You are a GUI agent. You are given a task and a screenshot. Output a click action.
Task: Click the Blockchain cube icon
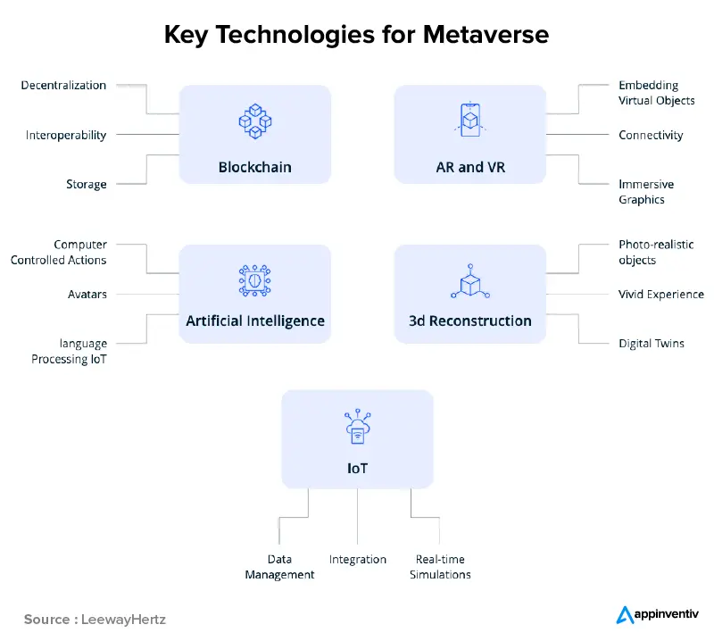(254, 121)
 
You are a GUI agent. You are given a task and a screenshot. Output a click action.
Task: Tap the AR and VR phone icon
(470, 121)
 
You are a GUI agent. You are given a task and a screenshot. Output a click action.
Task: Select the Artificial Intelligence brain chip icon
(254, 280)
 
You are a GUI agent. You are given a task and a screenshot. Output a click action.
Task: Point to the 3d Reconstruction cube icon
(470, 280)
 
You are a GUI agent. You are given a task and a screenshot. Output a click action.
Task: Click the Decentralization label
(63, 86)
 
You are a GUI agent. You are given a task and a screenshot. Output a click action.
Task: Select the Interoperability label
(66, 136)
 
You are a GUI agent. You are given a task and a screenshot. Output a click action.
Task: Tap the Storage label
(86, 185)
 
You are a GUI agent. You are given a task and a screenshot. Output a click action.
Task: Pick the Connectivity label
(651, 136)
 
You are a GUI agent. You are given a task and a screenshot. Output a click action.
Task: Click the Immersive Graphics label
(646, 192)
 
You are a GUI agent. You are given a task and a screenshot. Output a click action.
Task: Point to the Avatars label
(87, 294)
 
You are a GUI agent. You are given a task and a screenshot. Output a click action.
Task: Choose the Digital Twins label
(652, 343)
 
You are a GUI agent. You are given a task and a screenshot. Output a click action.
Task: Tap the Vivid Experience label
(661, 294)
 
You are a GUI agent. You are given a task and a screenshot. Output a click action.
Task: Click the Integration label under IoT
(358, 560)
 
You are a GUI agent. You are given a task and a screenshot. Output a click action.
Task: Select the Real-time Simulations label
(440, 567)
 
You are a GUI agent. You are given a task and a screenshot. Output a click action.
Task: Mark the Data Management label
(279, 567)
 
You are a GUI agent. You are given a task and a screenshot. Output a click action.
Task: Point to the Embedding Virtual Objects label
(656, 93)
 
